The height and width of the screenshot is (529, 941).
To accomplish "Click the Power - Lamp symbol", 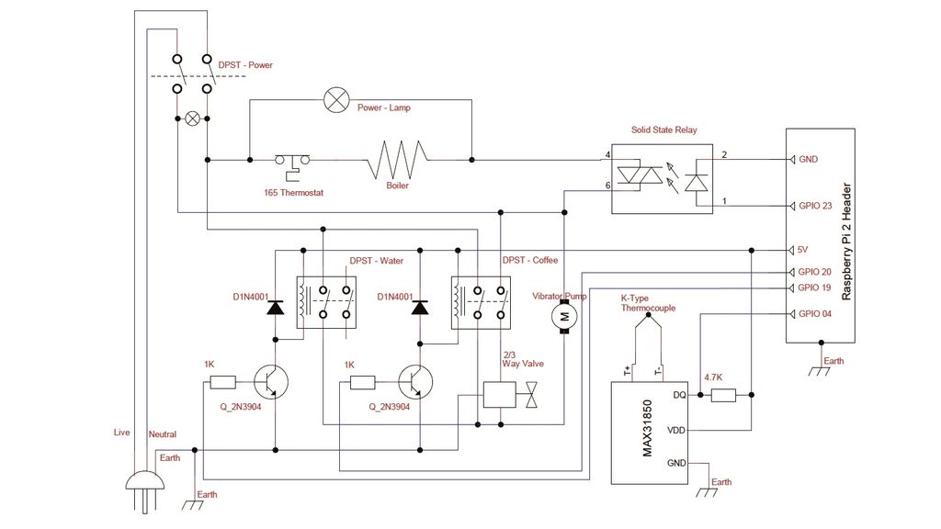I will click(334, 100).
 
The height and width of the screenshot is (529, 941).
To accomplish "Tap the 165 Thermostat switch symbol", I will click(292, 162).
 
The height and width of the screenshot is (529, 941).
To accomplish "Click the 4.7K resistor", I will click(723, 396).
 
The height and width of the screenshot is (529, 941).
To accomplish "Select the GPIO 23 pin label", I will click(815, 206).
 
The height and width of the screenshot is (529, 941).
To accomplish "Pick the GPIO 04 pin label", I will click(815, 314).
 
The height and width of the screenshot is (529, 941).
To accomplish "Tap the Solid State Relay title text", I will click(663, 130).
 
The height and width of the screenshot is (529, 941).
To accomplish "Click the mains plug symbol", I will click(144, 487).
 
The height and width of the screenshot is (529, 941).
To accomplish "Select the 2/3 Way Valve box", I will click(499, 395).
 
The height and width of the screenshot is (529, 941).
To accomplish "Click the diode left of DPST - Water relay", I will click(275, 308).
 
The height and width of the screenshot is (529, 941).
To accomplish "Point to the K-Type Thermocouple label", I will click(648, 303).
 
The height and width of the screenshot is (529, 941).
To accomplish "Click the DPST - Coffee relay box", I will click(479, 302).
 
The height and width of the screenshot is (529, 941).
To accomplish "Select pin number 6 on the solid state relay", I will click(607, 186).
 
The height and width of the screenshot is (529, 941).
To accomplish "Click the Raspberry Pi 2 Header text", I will click(846, 238).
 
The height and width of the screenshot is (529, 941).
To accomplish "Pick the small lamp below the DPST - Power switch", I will click(193, 118).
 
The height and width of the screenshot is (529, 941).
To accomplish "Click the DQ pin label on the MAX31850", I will click(679, 396).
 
